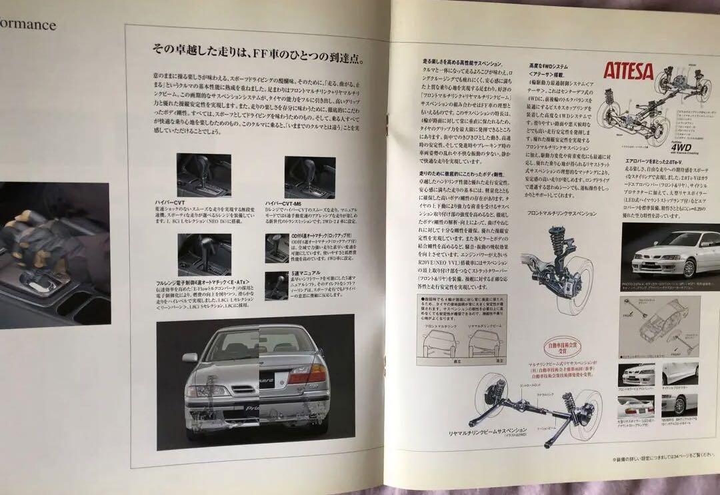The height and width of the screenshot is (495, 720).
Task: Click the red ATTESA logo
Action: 629,71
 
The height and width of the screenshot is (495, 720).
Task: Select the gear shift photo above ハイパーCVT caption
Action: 203,175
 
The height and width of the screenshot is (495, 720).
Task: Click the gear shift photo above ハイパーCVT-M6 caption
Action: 309,177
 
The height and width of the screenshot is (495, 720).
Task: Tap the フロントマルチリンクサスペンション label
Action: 552,214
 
